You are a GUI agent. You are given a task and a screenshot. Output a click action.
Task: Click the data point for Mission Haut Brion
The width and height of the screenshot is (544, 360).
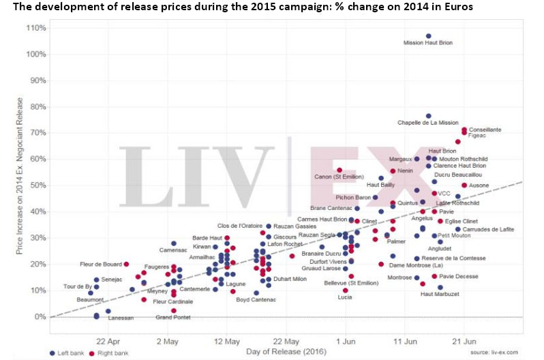click(x=428, y=36)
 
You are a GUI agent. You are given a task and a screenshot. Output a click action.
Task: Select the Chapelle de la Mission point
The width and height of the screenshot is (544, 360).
click(x=428, y=116)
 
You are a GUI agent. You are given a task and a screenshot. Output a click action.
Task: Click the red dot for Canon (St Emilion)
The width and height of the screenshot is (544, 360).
click(x=339, y=170)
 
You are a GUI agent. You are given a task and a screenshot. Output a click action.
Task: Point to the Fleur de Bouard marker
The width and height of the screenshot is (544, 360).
click(x=126, y=264)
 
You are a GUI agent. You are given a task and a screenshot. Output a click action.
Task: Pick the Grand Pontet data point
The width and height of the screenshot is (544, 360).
click(x=174, y=310)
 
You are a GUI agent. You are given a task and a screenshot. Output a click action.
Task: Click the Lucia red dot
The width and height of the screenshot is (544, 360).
click(x=345, y=290)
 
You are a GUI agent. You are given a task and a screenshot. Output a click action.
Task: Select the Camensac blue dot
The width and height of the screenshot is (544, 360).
click(x=174, y=243)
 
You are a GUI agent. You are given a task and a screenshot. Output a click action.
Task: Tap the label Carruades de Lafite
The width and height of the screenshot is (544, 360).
click(x=484, y=230)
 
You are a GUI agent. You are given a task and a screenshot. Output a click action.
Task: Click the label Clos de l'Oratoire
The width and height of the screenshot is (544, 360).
click(x=240, y=226)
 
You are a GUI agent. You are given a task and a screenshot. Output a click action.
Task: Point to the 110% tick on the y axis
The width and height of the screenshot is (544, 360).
click(x=35, y=28)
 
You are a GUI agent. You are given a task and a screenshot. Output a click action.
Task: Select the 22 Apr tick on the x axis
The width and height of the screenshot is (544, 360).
click(x=108, y=340)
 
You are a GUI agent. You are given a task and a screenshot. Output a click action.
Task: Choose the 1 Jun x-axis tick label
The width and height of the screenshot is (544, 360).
click(x=346, y=340)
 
